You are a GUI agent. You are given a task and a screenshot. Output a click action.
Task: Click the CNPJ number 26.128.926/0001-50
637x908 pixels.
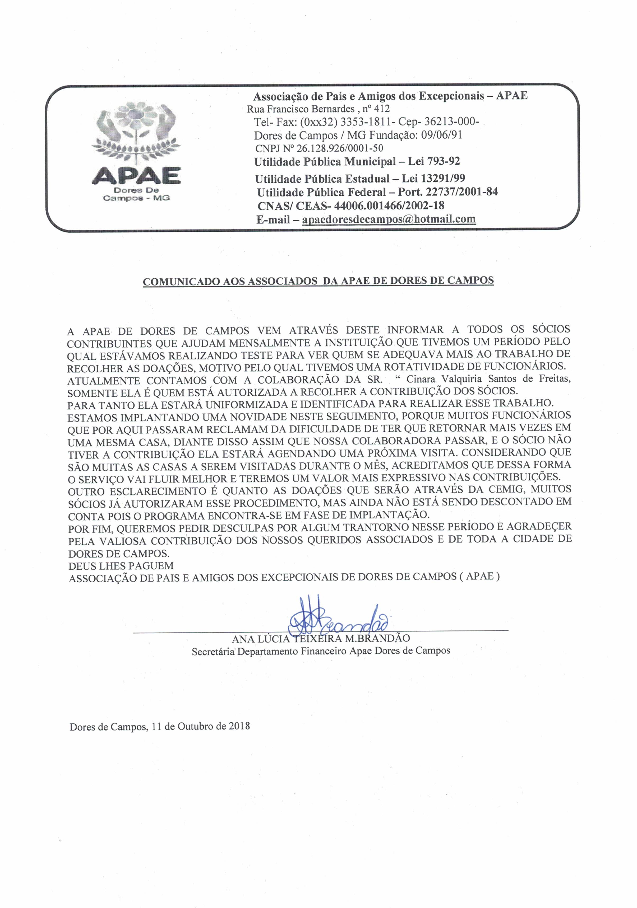pos(340,148)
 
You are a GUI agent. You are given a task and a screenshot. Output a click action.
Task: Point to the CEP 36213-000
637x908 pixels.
pos(451,122)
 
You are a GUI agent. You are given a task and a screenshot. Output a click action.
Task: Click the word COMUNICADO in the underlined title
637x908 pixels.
pos(181,282)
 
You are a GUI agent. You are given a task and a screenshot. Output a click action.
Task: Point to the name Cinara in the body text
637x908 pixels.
pos(421,379)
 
